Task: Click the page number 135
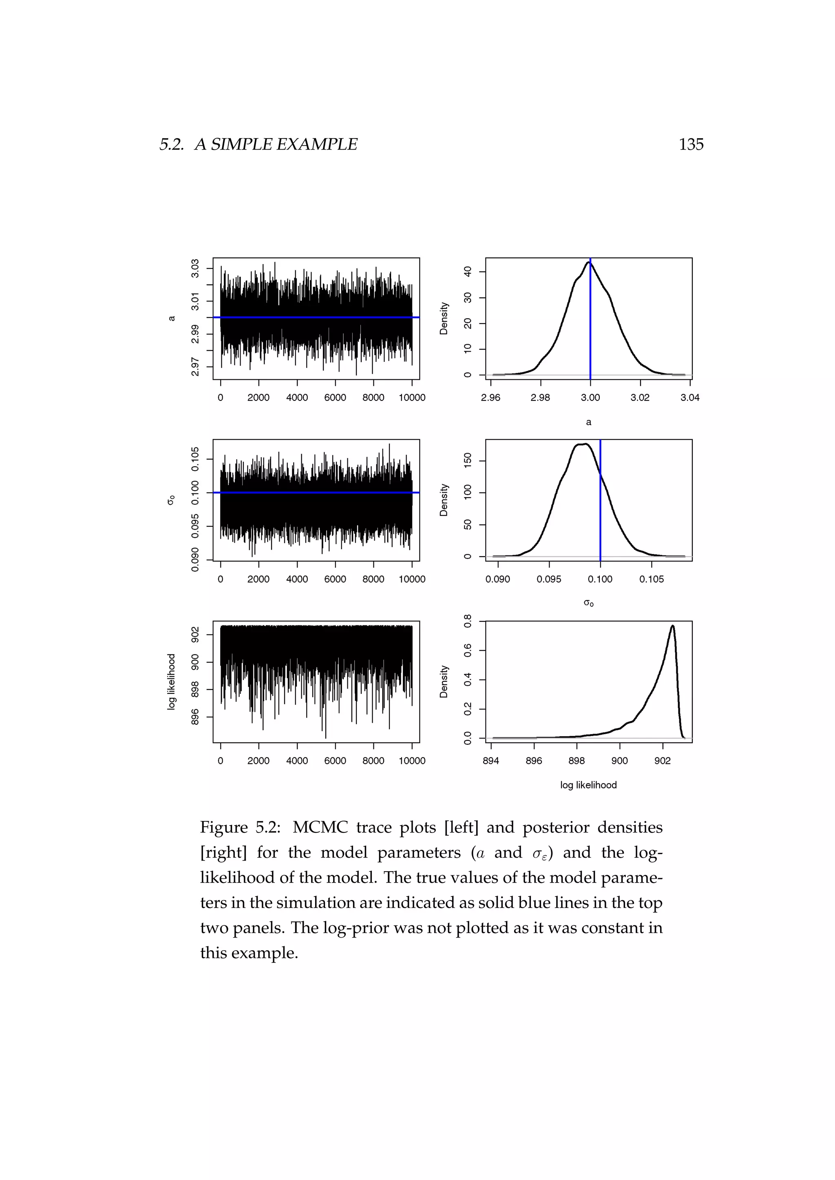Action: coord(691,144)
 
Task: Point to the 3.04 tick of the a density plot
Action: coord(689,398)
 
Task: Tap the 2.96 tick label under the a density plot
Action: coord(490,398)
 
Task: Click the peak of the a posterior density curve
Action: coord(589,263)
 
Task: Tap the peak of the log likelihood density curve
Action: coord(672,626)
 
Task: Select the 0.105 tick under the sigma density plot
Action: coord(652,579)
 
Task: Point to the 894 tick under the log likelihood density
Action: coord(490,761)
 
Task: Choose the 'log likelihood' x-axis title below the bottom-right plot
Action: coord(588,785)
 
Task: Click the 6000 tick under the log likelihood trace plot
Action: coord(335,761)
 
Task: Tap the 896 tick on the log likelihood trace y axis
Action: coord(195,717)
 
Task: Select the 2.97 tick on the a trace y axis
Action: coord(195,367)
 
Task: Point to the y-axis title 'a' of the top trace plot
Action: coord(172,319)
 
